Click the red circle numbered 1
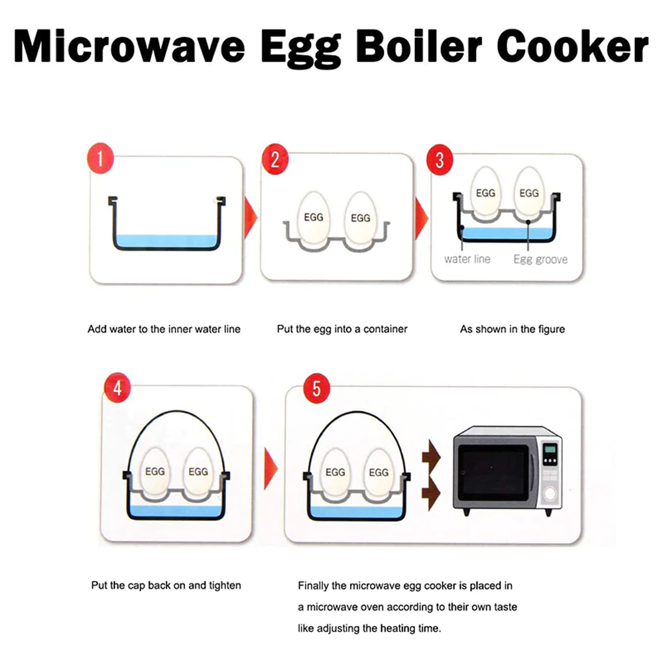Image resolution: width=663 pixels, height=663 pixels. (101, 160)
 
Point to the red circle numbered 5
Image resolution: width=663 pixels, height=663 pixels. (316, 389)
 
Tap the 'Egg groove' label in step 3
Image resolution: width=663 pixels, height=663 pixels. (540, 259)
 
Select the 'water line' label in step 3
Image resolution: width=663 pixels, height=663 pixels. (467, 259)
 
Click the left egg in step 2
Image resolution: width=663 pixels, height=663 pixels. (313, 218)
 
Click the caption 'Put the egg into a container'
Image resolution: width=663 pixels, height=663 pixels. (342, 329)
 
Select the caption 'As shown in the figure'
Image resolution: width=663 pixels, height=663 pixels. (512, 329)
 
